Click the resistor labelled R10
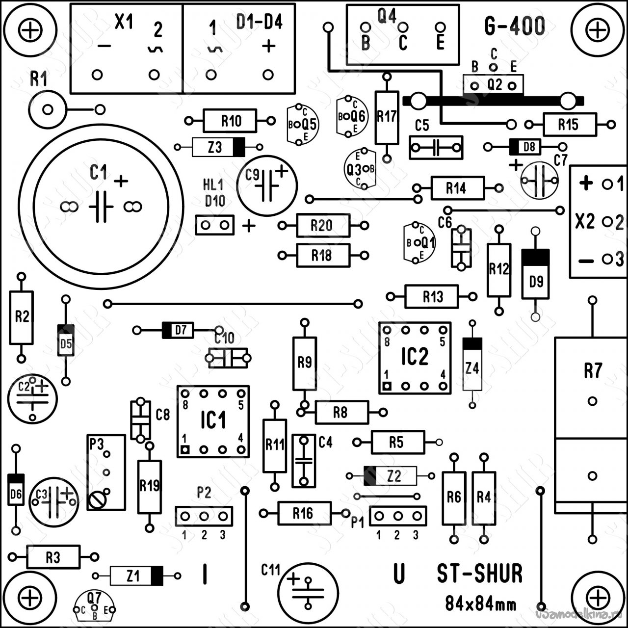click(230, 121)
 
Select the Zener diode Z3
click(218, 147)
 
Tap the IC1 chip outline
click(213, 421)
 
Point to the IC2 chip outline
click(415, 358)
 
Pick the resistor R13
click(432, 296)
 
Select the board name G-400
click(514, 26)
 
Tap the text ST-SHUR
click(479, 574)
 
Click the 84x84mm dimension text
click(480, 603)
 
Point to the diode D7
click(178, 330)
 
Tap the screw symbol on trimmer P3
click(97, 500)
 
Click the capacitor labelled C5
click(436, 147)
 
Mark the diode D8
click(524, 146)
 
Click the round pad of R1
click(47, 109)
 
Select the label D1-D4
click(259, 22)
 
